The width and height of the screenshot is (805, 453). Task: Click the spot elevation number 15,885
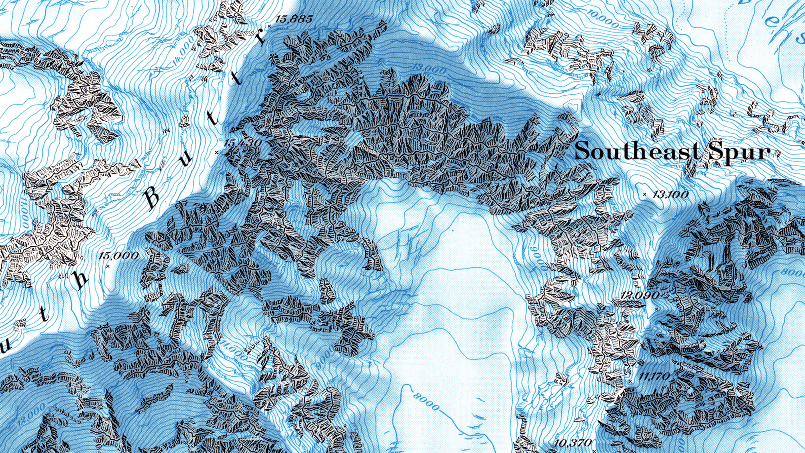click(294, 19)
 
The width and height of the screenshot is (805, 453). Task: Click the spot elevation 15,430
click(243, 143)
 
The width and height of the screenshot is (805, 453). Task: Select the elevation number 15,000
click(118, 256)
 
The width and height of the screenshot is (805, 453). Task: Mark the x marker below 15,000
click(108, 266)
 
